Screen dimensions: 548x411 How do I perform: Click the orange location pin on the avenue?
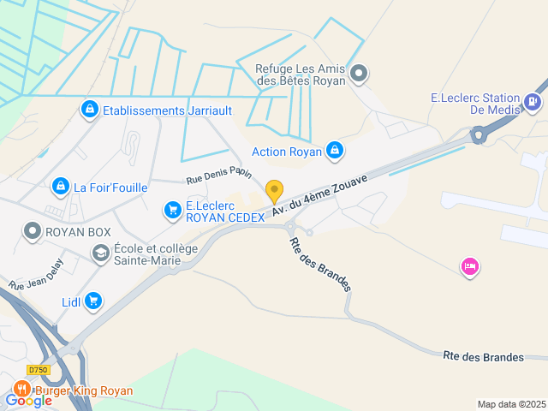coord(274,191)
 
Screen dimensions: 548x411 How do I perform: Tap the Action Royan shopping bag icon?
coord(334,152)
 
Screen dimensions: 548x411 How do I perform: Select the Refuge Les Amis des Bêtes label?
coord(301,74)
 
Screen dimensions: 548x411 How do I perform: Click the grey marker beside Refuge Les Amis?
coord(360,74)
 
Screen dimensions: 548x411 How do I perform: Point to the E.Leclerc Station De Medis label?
coord(470,104)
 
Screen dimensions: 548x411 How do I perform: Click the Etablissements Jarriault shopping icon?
coord(89,110)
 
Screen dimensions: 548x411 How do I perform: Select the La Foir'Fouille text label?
coord(110,188)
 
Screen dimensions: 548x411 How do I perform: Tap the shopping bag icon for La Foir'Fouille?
coord(60,186)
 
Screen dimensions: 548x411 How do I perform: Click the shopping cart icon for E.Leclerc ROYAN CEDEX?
coord(173,209)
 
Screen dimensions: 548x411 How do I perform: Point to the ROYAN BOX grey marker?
coord(33,231)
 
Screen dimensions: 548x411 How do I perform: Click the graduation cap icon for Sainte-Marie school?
coord(100,253)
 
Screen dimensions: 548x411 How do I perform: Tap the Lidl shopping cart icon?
coord(92,301)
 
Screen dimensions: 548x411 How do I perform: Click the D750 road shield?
coord(38,369)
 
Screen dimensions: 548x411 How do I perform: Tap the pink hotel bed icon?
coord(469,267)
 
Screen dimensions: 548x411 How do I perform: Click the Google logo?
coord(29,400)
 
